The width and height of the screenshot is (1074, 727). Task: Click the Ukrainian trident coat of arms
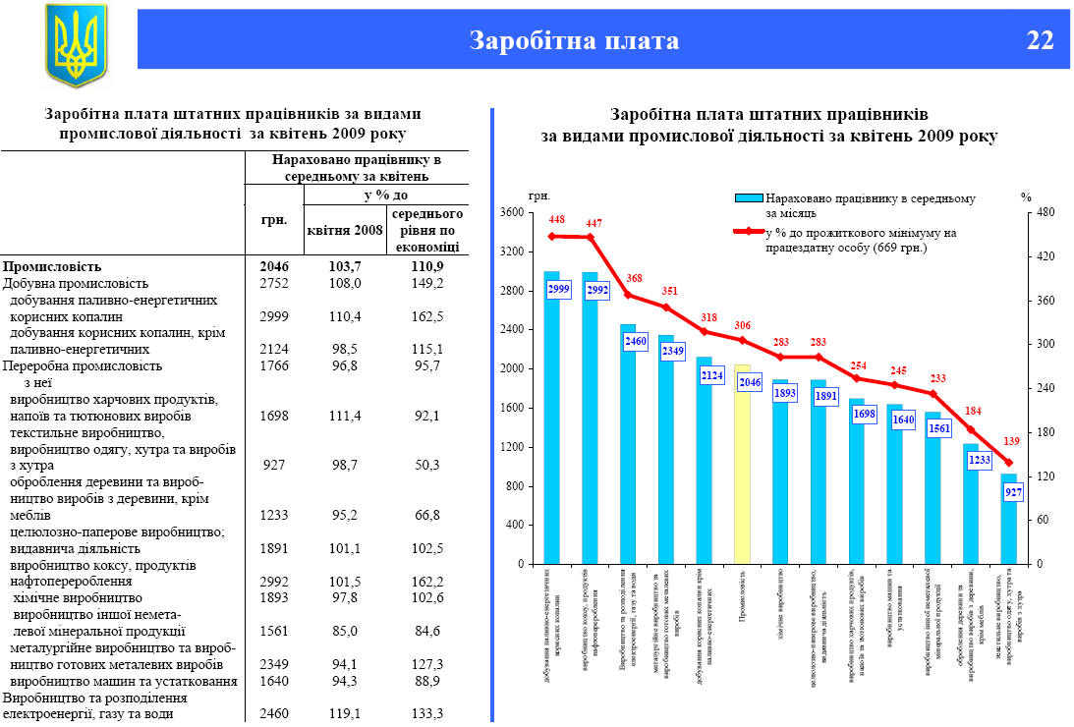76,45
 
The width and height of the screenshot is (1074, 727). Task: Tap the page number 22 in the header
1040,40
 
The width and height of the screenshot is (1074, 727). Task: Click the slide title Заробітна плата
574,40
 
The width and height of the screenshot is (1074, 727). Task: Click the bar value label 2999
558,288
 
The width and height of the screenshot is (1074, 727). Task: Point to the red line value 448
557,219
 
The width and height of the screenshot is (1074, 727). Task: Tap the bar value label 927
1014,492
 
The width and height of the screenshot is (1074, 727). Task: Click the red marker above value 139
1007,463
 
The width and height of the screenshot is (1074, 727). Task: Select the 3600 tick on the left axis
512,212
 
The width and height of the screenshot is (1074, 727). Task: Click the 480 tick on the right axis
1045,212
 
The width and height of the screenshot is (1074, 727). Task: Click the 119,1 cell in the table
344,713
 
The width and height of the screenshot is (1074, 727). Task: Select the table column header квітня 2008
344,231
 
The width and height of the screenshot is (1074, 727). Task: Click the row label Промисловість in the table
52,266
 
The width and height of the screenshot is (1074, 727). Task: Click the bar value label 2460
635,342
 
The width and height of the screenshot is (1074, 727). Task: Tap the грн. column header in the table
273,218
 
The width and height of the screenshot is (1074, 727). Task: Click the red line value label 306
743,325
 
